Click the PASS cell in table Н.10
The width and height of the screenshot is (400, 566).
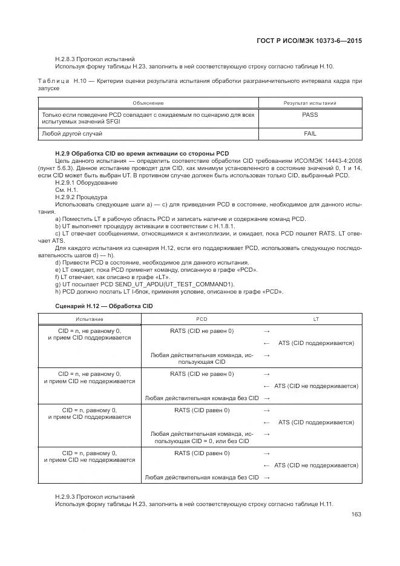point(309,114)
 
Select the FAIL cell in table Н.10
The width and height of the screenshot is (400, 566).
point(309,133)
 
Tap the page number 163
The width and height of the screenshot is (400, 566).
point(355,515)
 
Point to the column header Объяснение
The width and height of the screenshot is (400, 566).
point(148,103)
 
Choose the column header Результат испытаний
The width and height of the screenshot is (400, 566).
point(310,103)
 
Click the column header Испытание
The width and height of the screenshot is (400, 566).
point(89,318)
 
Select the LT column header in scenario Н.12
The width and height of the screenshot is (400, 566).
point(316,318)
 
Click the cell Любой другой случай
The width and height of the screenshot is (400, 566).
point(71,133)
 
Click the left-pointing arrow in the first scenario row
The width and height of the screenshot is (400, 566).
point(266,343)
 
